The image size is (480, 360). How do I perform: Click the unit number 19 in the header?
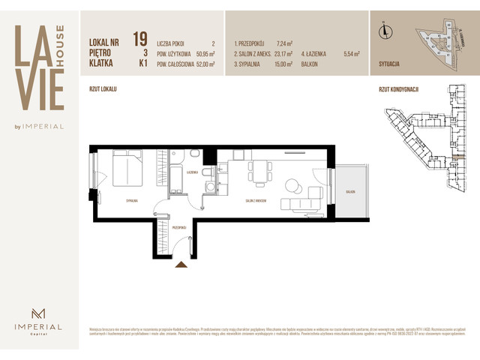[139, 38]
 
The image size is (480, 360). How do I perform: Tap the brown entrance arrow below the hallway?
[180, 263]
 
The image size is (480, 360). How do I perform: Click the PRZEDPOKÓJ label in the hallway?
[178, 226]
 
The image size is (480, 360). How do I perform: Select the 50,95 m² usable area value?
[203, 54]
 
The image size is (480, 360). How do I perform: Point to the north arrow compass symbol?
[385, 31]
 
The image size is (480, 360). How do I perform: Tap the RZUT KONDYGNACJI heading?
[398, 89]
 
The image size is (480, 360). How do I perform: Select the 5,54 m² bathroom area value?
[351, 54]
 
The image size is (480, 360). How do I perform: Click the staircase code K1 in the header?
[139, 64]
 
